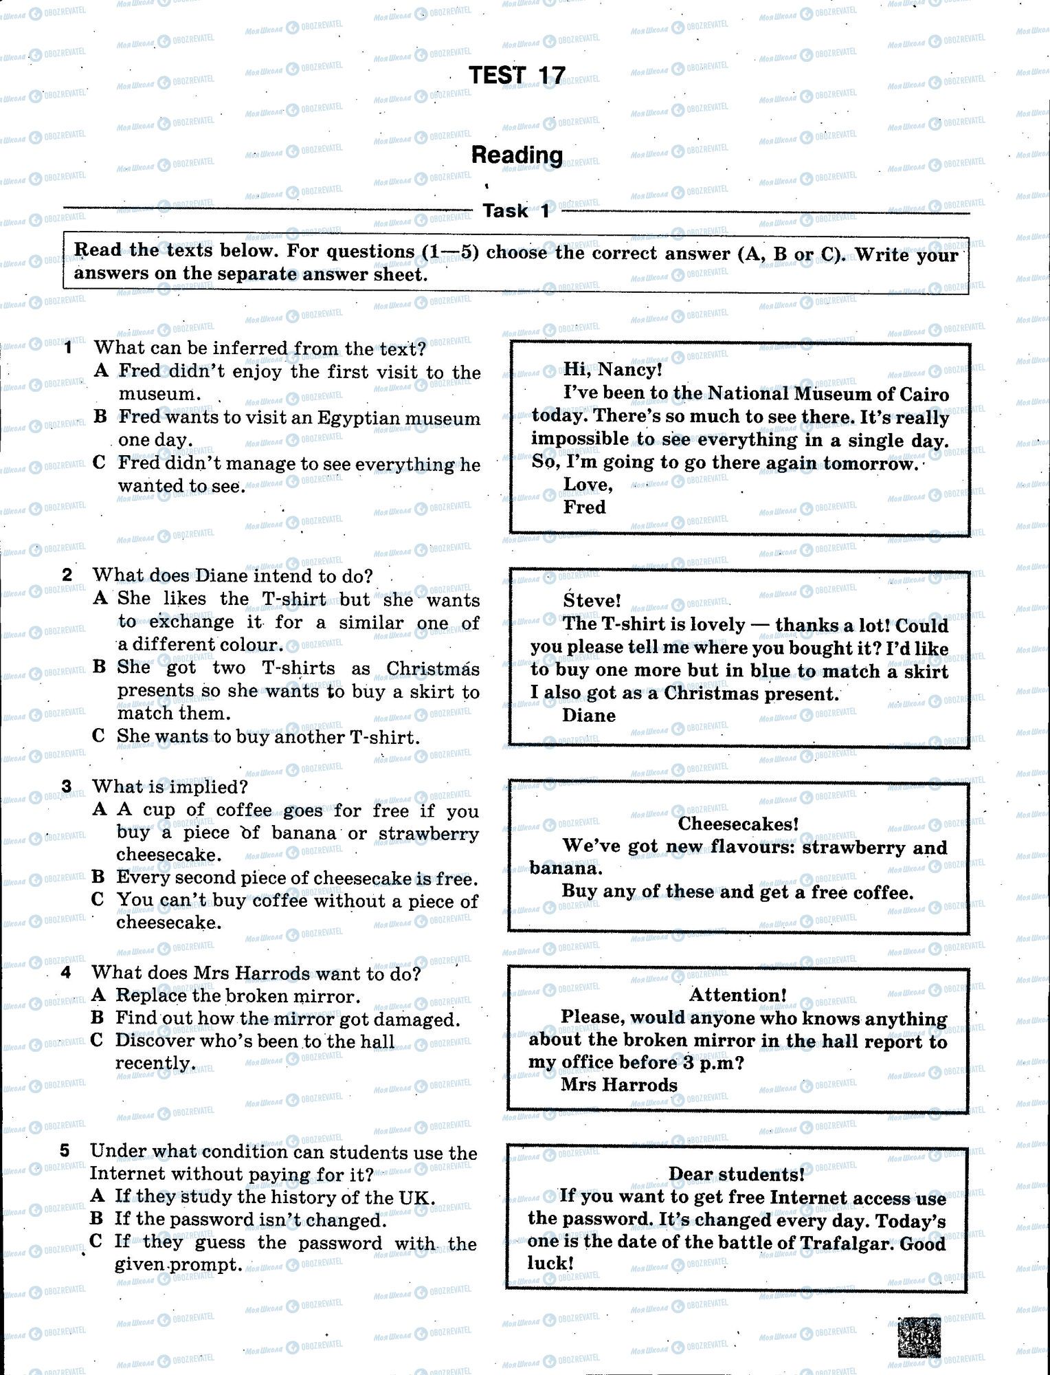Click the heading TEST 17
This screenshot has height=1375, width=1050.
[x=517, y=75]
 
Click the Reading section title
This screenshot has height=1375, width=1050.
[x=517, y=155]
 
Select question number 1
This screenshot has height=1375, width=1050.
[x=68, y=348]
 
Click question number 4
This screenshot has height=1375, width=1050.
[x=66, y=972]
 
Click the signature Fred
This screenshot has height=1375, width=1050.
[x=584, y=507]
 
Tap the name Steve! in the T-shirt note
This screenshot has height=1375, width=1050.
[x=592, y=601]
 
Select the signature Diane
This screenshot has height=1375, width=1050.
[x=588, y=716]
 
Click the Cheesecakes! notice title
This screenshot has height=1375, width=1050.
[x=738, y=824]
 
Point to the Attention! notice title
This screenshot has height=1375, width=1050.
[x=738, y=995]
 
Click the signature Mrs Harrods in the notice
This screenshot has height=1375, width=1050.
[x=618, y=1085]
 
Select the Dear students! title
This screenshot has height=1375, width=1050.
[x=737, y=1174]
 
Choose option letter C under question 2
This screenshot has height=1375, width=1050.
[x=98, y=736]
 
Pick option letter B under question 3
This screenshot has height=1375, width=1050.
[x=98, y=877]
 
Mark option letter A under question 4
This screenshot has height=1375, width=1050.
[x=98, y=995]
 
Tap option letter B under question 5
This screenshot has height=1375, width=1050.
[x=96, y=1219]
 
